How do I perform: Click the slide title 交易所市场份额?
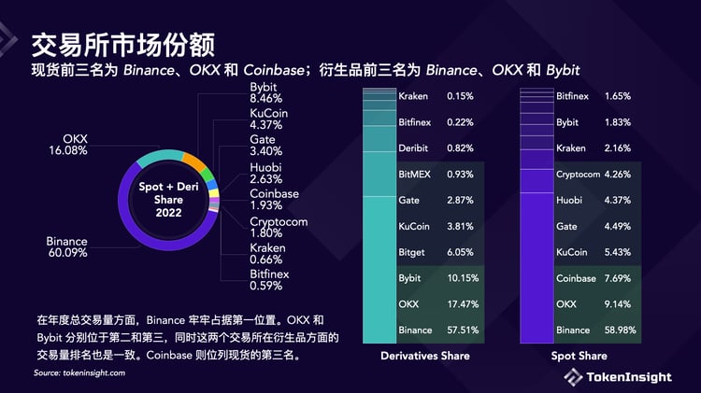[123, 44]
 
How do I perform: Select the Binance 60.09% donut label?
[66, 246]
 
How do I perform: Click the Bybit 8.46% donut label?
[268, 91]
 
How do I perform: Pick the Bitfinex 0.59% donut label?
[269, 279]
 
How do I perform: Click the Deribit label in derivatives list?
[415, 147]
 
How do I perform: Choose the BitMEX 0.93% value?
[461, 174]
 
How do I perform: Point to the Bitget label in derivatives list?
[414, 252]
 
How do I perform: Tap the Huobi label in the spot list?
[570, 200]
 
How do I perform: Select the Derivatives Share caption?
[424, 356]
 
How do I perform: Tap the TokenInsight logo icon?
[572, 376]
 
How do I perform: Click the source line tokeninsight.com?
[79, 372]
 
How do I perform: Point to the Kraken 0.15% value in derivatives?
[461, 96]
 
